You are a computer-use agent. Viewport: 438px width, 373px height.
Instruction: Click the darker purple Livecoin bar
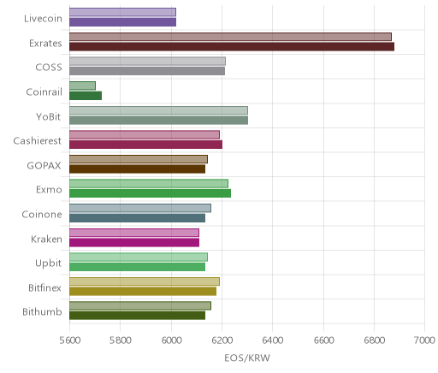pyautogui.click(x=122, y=22)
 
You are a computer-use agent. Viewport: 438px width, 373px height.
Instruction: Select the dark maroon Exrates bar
pyautogui.click(x=232, y=46)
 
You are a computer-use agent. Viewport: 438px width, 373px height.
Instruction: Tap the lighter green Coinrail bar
pyautogui.click(x=82, y=86)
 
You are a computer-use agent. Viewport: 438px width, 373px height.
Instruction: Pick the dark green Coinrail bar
pyautogui.click(x=86, y=96)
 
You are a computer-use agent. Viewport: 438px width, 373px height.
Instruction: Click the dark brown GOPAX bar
pyautogui.click(x=137, y=169)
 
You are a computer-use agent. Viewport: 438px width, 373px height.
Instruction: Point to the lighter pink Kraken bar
pyautogui.click(x=134, y=233)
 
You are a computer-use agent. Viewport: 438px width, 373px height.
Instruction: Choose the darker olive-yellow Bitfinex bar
pyautogui.click(x=143, y=291)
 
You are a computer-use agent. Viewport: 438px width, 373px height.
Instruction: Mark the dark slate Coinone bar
pyautogui.click(x=137, y=218)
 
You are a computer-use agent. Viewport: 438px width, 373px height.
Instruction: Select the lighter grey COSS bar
pyautogui.click(x=147, y=61)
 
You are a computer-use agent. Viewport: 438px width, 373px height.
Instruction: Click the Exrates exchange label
pyautogui.click(x=45, y=44)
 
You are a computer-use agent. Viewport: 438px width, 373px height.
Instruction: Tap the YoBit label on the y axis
pyautogui.click(x=49, y=116)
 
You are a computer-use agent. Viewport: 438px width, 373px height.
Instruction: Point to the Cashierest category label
pyautogui.click(x=38, y=141)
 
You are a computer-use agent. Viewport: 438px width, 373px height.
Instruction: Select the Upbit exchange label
pyautogui.click(x=48, y=263)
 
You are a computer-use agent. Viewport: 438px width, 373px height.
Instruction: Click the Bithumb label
pyautogui.click(x=42, y=311)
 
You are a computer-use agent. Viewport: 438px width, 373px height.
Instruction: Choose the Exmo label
pyautogui.click(x=49, y=190)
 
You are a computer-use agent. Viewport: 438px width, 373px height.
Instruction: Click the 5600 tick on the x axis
pyautogui.click(x=70, y=340)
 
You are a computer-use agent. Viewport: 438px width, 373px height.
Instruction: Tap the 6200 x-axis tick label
pyautogui.click(x=222, y=340)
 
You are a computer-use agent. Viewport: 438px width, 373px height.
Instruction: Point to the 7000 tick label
pyautogui.click(x=424, y=340)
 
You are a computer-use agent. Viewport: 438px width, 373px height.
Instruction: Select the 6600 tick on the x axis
pyautogui.click(x=323, y=340)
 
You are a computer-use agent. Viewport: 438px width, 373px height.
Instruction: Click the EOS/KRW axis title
pyautogui.click(x=247, y=358)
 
